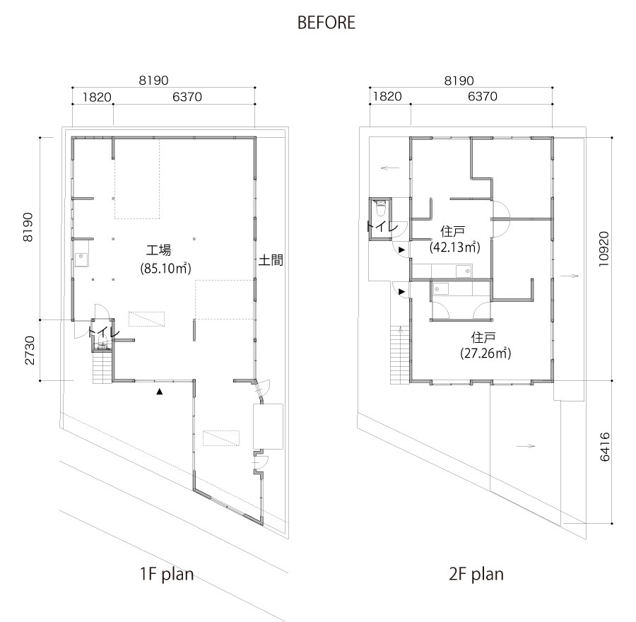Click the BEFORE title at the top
point(326,23)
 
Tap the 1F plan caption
point(166,575)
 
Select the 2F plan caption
point(476,575)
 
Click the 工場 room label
point(158,250)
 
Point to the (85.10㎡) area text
point(165,268)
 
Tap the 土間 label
point(271,260)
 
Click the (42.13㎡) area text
point(454,247)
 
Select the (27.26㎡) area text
point(485,353)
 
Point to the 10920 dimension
point(604,249)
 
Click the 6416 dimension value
point(604,447)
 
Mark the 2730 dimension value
point(30,350)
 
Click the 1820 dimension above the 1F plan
point(97,98)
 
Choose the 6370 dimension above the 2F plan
point(482,97)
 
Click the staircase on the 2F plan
point(400,355)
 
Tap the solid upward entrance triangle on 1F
point(160,392)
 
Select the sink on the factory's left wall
point(81,259)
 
